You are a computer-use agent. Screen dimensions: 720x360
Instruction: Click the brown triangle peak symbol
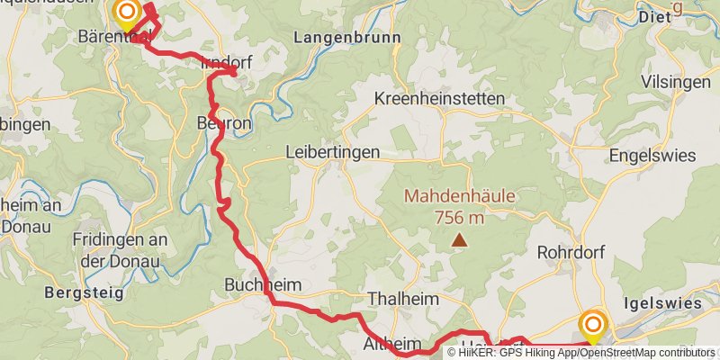[x=460, y=240]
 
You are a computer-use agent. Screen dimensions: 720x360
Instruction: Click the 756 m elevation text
[x=459, y=217]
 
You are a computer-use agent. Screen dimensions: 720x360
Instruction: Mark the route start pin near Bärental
[x=127, y=13]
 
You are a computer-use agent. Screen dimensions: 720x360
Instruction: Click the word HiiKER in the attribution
[x=478, y=353]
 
